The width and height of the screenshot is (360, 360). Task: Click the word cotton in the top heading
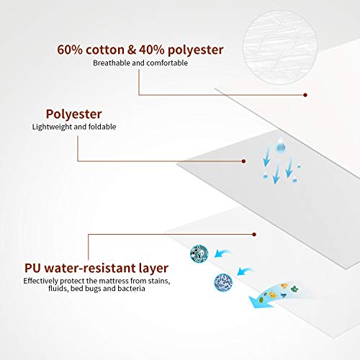tap(105, 50)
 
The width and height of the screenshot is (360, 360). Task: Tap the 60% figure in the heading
tap(70, 50)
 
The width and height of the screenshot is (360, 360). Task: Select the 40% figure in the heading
tap(152, 50)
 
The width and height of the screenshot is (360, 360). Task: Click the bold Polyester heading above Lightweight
tap(74, 114)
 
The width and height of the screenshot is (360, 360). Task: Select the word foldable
tap(102, 127)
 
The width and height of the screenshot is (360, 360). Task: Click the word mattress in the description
tap(114, 281)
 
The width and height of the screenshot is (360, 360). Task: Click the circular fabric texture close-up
tap(280, 48)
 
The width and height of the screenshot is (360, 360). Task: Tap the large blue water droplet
tap(280, 145)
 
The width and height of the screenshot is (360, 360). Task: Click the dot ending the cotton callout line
tap(305, 95)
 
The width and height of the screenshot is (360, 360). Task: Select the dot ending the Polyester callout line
tap(243, 161)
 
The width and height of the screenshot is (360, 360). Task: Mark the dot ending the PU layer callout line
tap(254, 234)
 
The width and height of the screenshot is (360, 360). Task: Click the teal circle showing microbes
tap(199, 253)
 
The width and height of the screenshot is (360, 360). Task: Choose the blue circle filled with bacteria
tap(223, 282)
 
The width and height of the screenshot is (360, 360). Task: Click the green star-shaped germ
tap(294, 289)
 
